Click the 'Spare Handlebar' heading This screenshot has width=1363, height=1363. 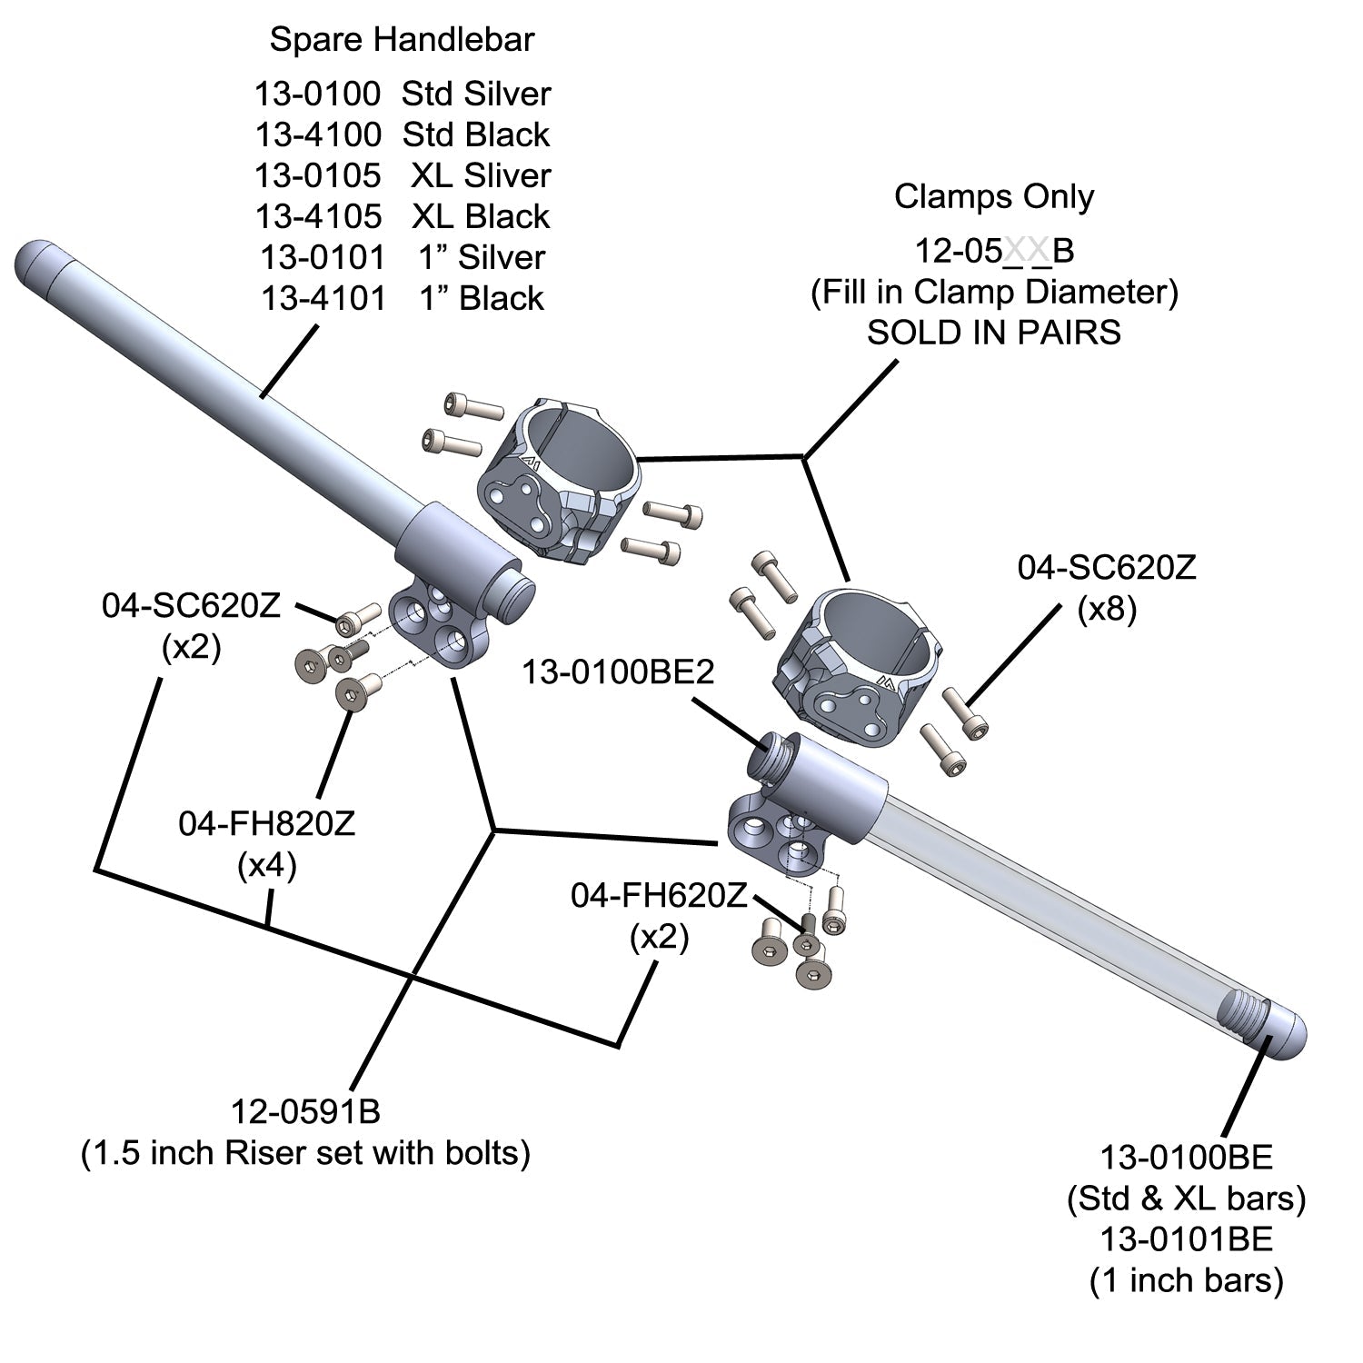(402, 40)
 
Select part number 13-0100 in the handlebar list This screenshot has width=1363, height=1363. (317, 94)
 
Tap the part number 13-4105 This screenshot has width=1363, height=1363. (317, 216)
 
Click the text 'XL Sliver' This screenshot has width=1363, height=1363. (480, 175)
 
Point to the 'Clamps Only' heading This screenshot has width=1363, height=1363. (994, 197)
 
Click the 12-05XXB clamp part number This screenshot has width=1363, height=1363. (994, 251)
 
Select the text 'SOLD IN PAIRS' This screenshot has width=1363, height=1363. (994, 333)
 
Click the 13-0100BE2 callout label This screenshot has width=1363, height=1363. (618, 673)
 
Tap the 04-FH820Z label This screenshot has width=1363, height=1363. (266, 823)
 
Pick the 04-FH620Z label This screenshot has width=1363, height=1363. (659, 895)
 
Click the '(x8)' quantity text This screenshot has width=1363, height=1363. (1107, 610)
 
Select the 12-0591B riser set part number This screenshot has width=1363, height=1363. (305, 1111)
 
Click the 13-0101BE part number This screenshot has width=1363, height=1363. (1187, 1239)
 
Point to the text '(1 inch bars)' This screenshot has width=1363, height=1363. (1187, 1281)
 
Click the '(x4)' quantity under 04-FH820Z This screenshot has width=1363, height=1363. (266, 866)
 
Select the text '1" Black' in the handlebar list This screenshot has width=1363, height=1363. (482, 298)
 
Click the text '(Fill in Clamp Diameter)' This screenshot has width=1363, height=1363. (994, 292)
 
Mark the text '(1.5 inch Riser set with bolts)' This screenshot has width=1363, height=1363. (305, 1153)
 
